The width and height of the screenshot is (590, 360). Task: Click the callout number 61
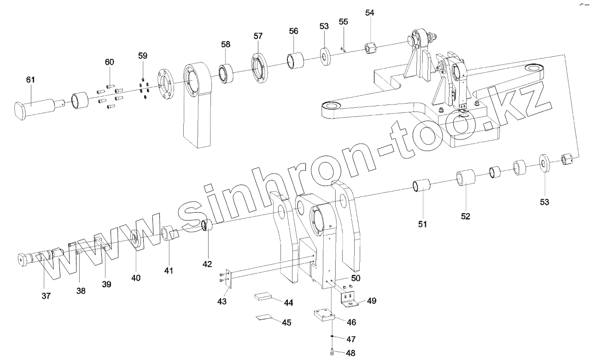[30, 80]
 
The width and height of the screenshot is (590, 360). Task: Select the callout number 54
[370, 12]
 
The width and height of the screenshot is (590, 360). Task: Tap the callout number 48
[351, 354]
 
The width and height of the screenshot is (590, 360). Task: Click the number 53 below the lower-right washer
[544, 201]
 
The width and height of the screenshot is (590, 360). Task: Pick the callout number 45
[286, 323]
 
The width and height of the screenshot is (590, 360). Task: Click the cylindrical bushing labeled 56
[295, 61]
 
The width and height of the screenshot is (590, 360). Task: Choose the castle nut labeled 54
[371, 48]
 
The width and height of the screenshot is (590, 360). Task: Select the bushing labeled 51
[421, 187]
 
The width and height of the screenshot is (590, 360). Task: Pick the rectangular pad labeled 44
[263, 296]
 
